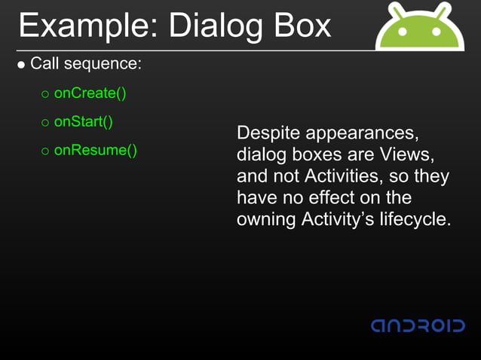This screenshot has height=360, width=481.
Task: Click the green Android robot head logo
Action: point(419,29)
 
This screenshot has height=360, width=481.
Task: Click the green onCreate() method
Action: point(90,93)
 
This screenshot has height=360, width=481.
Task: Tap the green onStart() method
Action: point(83,121)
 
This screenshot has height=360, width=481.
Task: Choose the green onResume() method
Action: point(95,149)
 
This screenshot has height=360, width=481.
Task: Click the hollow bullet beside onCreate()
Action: point(44,94)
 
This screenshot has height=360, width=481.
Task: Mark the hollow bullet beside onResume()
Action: point(44,151)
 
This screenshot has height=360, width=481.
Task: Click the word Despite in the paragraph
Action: point(267,134)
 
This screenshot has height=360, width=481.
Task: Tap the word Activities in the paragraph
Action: point(342,177)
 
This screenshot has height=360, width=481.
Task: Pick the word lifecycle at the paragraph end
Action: point(413,220)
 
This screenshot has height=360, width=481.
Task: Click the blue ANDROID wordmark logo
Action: point(418,325)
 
